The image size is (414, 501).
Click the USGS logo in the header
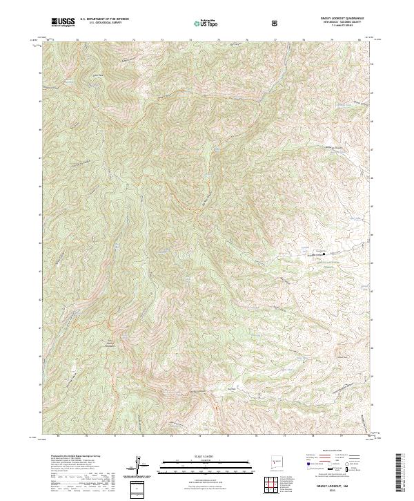click(63, 22)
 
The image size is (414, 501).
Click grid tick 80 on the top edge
click(359, 40)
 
